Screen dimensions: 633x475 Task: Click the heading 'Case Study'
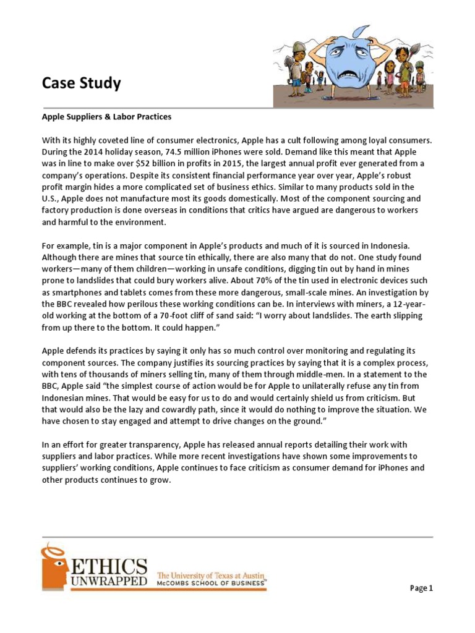[x=81, y=83]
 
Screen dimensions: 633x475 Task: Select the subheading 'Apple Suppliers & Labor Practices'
[x=106, y=116]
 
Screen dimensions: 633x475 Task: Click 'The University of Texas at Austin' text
[x=212, y=574]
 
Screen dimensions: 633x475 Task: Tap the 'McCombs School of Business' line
[x=212, y=582]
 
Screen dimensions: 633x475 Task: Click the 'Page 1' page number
[x=421, y=588]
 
